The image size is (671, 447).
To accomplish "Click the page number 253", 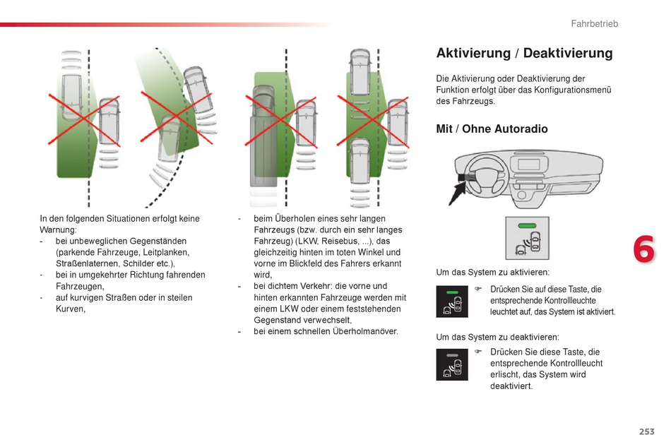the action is (646, 431).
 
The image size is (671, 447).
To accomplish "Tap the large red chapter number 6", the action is (643, 249).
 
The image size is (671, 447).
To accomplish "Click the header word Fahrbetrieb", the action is (595, 24).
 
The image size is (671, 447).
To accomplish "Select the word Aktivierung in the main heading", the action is (473, 53).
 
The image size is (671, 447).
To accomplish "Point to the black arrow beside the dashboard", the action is (458, 193).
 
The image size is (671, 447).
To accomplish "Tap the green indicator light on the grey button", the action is (527, 226).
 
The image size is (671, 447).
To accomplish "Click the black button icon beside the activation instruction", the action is (452, 302).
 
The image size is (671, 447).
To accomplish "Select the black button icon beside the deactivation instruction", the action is (452, 364).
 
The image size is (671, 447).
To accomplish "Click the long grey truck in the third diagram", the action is (263, 136).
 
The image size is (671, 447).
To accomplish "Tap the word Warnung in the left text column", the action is (58, 230).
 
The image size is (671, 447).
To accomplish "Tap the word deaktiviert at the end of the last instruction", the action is (511, 386).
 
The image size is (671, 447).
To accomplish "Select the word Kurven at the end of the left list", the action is (70, 309).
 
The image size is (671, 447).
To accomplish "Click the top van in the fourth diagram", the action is (360, 72).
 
